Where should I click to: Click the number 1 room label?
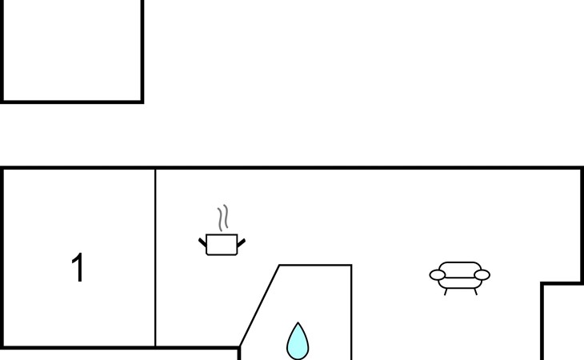78,268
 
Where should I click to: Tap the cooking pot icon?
222,244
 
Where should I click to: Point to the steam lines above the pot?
223,218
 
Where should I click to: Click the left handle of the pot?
202,241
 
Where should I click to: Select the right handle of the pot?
241,241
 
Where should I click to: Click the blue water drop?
298,342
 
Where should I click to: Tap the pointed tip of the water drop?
298,324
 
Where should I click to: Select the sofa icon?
460,277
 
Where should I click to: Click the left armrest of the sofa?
437,275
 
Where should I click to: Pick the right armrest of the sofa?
482,275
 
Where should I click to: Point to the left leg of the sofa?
446,292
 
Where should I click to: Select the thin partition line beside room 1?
155,256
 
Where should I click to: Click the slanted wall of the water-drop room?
259,306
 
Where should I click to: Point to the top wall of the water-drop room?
315,265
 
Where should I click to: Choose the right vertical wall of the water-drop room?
351,312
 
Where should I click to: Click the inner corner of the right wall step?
542,283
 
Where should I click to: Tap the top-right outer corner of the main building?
582,168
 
